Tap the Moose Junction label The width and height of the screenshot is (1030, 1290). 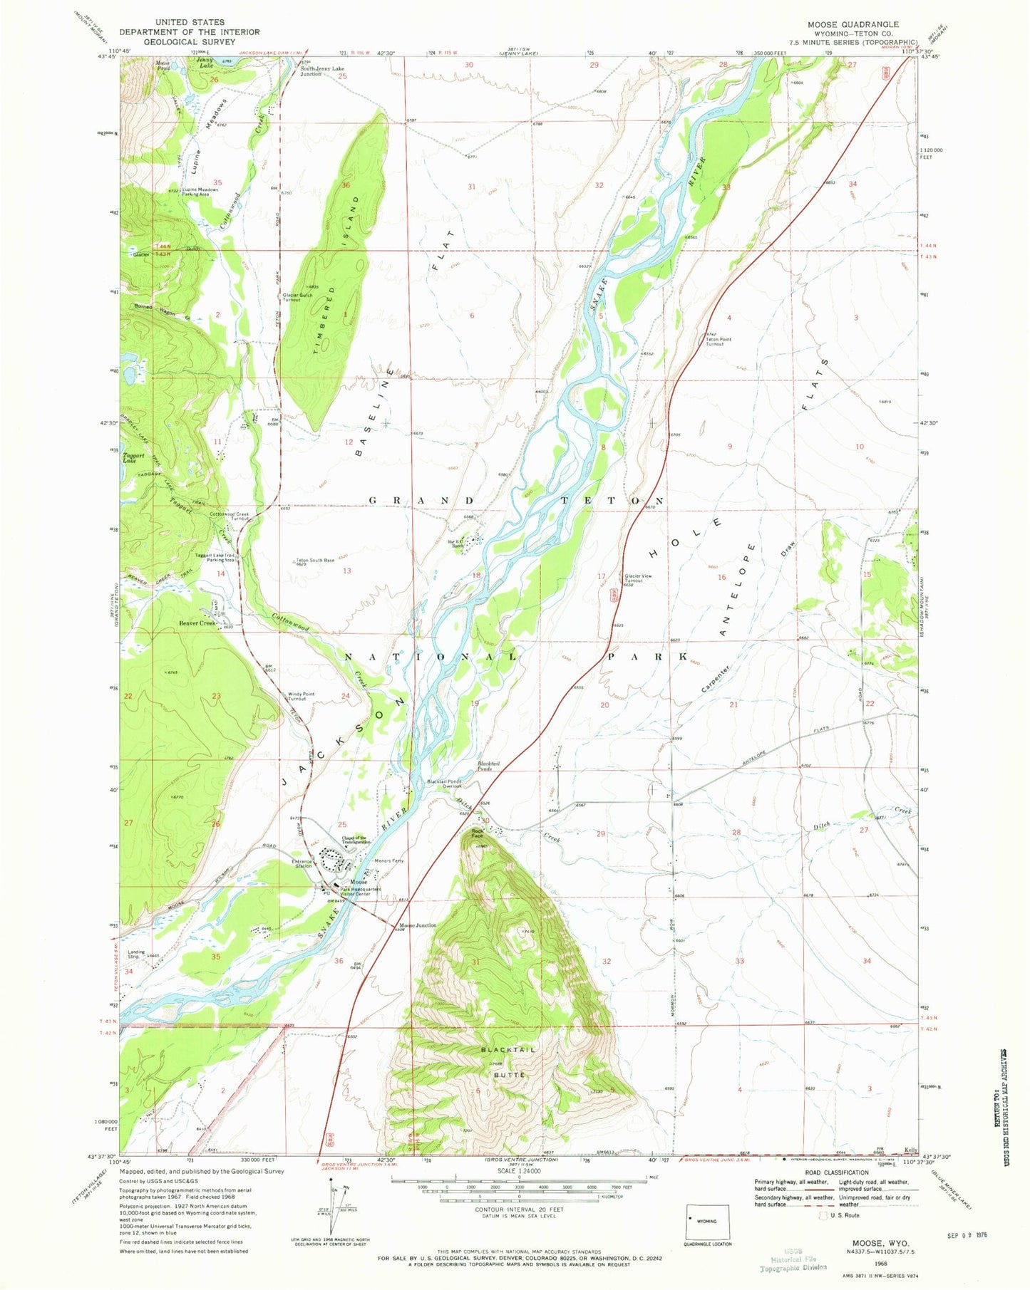(417, 925)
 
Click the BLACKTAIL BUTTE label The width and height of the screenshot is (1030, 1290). (507, 1062)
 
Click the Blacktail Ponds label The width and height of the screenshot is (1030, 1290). (488, 766)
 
